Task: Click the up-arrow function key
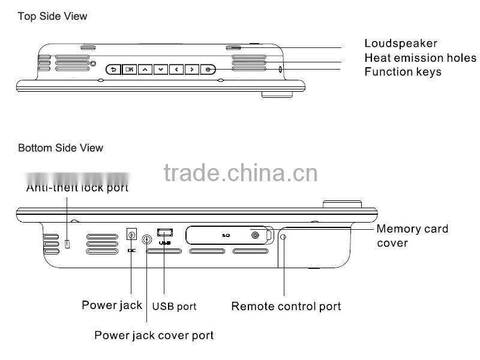(x=145, y=69)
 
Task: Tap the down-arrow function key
(x=160, y=69)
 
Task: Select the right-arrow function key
(x=191, y=69)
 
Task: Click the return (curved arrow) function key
(x=113, y=69)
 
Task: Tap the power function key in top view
(x=208, y=69)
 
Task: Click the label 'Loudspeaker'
(x=401, y=43)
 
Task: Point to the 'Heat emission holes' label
(x=420, y=58)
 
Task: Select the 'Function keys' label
(x=403, y=72)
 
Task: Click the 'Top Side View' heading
(x=52, y=16)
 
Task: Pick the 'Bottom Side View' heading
(x=61, y=148)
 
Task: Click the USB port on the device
(x=164, y=231)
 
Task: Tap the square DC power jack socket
(x=131, y=234)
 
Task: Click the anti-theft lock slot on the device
(x=68, y=243)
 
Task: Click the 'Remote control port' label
(x=286, y=307)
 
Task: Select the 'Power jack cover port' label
(x=154, y=335)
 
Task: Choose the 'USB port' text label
(x=174, y=307)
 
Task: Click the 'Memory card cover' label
(x=412, y=235)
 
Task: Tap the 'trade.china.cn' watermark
(x=240, y=173)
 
